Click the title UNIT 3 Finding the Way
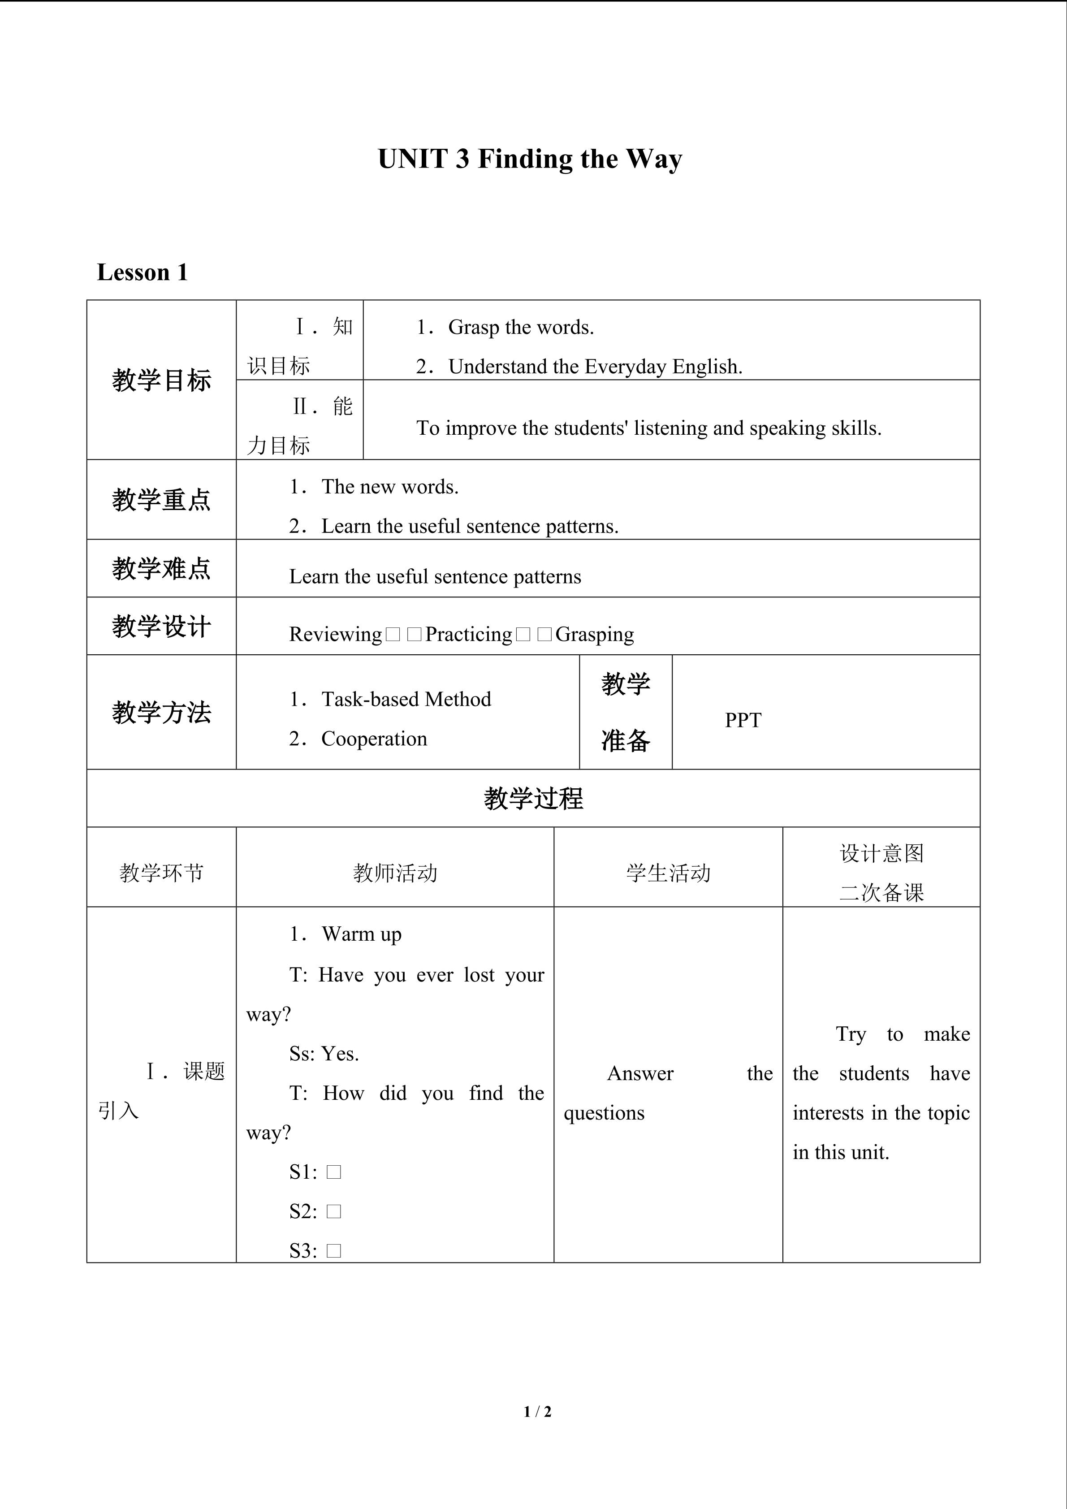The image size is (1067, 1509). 530,160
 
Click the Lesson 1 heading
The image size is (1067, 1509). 143,272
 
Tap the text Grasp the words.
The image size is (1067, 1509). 520,327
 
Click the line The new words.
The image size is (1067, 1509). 389,487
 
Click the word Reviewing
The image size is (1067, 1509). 335,634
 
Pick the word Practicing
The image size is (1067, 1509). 468,634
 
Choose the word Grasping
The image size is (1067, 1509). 595,634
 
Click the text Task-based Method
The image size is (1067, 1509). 406,699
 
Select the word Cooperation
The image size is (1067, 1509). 374,739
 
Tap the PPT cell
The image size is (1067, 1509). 743,720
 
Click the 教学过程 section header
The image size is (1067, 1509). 533,799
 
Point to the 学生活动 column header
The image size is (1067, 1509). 668,873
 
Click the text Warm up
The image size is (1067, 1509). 361,934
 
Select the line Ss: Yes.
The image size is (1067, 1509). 324,1054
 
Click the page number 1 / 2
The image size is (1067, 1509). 537,1411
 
